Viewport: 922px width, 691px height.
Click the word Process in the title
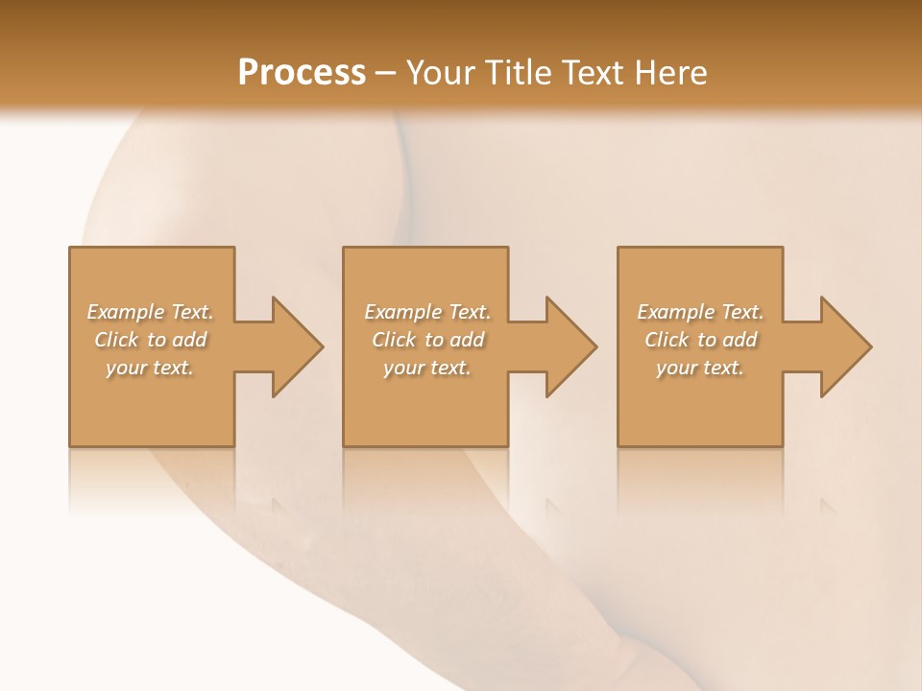coord(302,73)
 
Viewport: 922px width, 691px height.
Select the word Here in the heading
coord(671,73)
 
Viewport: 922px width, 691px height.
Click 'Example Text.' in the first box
coord(150,312)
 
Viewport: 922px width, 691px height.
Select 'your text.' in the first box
coord(150,368)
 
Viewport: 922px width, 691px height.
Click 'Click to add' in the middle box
coord(427,340)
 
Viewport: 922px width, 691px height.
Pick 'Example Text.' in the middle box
coord(427,312)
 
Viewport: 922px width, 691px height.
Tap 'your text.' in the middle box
coord(427,368)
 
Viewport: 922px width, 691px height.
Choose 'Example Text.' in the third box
coord(700,312)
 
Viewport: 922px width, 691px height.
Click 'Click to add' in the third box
coord(700,340)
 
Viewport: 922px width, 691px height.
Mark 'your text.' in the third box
coord(700,368)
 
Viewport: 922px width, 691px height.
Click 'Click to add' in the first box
coord(150,340)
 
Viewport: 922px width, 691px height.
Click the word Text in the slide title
coord(594,73)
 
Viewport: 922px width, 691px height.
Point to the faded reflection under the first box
coord(152,480)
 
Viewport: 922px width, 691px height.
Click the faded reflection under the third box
coord(700,480)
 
